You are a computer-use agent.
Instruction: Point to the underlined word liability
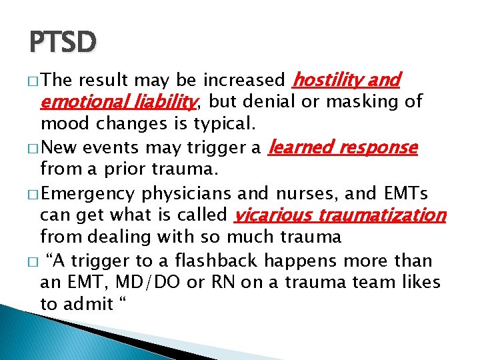point(163,103)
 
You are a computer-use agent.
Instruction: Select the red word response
point(379,147)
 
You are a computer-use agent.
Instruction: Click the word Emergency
point(89,193)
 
